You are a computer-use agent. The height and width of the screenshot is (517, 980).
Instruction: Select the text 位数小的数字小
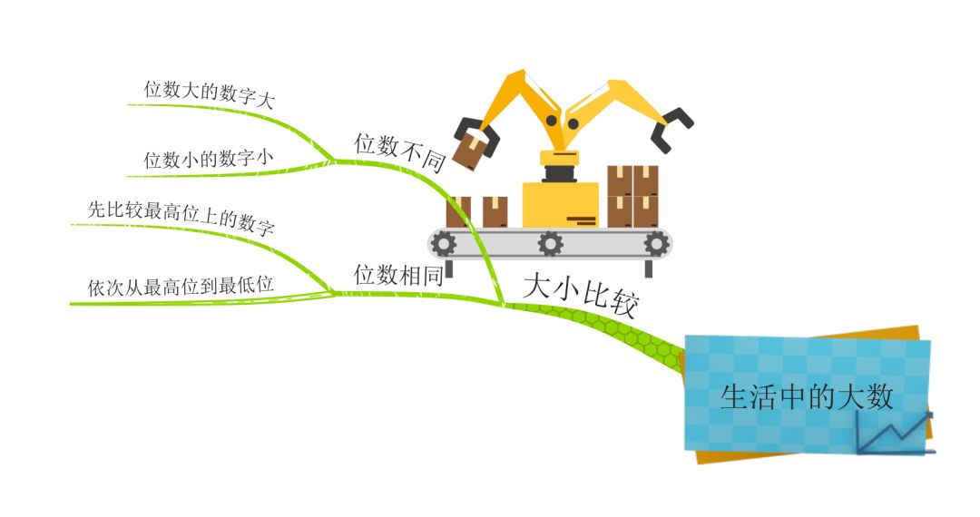point(209,160)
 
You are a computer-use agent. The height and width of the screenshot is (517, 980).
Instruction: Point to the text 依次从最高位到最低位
point(181,285)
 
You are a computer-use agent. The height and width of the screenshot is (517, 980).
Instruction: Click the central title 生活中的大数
point(807,397)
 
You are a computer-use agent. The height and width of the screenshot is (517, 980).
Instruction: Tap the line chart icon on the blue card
point(895,433)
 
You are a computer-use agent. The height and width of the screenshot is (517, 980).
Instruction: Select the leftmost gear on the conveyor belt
point(443,243)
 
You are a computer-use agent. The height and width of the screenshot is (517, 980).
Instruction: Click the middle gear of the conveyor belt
point(551,243)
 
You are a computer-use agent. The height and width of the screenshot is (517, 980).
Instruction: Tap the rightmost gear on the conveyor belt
point(657,243)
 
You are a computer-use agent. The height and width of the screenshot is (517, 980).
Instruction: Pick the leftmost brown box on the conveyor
point(458,212)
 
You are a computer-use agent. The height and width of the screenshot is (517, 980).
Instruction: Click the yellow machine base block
point(560,205)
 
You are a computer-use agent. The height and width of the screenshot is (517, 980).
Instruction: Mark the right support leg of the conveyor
point(648,268)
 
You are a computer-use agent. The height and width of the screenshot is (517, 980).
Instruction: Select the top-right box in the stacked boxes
point(646,180)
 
